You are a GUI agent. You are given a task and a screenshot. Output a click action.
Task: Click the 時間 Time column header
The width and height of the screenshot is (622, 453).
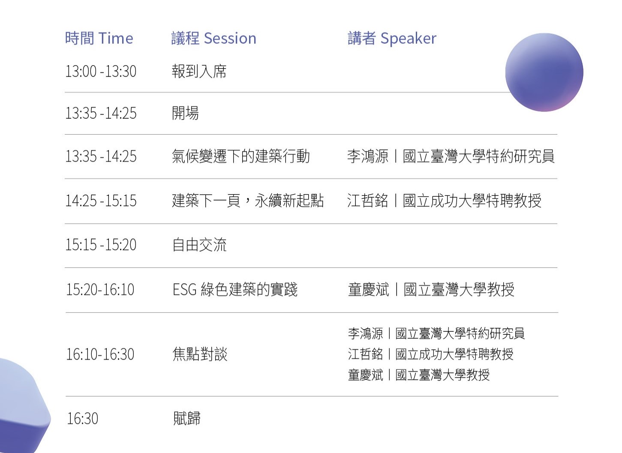pos(99,38)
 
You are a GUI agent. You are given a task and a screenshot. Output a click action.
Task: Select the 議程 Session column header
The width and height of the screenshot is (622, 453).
pos(213,38)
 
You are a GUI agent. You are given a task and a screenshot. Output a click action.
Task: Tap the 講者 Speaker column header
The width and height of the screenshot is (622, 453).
pos(392,38)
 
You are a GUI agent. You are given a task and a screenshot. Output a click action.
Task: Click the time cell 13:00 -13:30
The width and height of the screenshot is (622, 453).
pos(101,71)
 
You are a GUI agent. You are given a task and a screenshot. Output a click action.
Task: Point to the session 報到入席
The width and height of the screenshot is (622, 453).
pos(199,71)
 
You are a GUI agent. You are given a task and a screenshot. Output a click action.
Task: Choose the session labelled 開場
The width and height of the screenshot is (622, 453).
pos(185,113)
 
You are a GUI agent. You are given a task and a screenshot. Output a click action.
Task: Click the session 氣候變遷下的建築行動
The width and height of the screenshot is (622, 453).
pos(241,156)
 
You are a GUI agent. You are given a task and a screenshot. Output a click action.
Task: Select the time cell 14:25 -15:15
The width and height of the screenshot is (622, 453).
pos(101,201)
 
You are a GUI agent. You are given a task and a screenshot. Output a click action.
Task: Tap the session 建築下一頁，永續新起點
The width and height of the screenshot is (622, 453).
pos(248,201)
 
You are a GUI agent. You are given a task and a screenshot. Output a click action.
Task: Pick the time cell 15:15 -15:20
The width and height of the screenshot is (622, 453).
pos(101,245)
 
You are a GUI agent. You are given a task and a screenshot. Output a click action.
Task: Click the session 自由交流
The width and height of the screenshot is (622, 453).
pos(199,245)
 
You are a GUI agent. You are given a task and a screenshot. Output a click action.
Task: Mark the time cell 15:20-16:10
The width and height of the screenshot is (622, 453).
pos(100,289)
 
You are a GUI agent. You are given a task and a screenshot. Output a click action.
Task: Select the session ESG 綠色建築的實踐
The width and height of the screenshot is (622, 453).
pos(235,289)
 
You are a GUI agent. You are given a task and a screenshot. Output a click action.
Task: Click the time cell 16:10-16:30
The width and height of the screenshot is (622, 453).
pos(100,354)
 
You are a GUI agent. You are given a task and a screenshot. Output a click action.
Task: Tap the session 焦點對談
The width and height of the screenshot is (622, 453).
pos(200,354)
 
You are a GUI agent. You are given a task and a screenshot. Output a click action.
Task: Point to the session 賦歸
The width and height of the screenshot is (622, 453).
pos(186,418)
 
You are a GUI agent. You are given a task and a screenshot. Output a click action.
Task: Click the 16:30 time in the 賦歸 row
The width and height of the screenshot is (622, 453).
pos(82,418)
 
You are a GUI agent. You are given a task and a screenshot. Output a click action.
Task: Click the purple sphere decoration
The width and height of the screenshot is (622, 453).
pos(544,72)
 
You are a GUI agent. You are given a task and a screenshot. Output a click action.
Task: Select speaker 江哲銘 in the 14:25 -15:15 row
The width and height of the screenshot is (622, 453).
pos(367,201)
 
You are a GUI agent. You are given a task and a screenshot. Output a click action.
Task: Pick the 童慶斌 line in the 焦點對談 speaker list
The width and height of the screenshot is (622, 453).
pos(418,375)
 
